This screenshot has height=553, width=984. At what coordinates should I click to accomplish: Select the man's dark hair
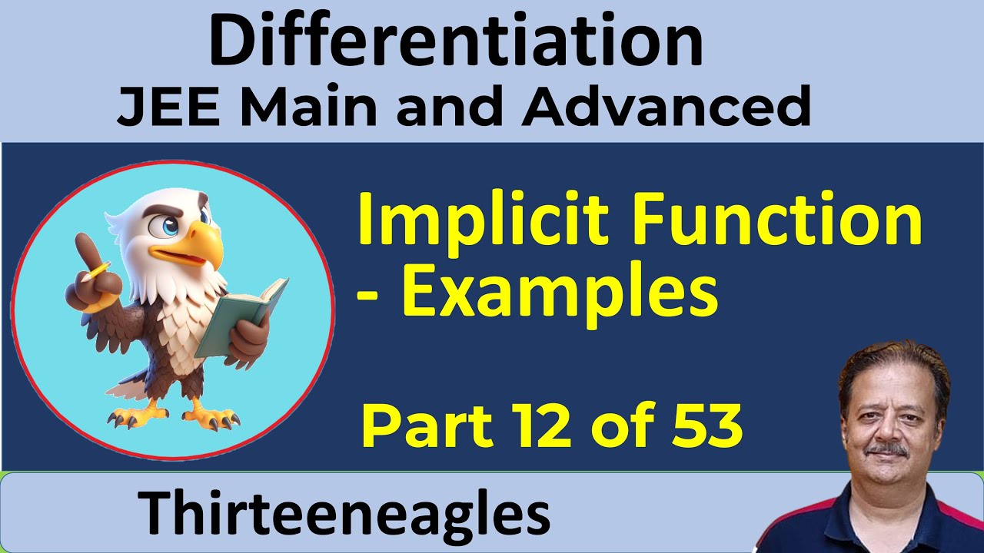(x=883, y=365)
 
